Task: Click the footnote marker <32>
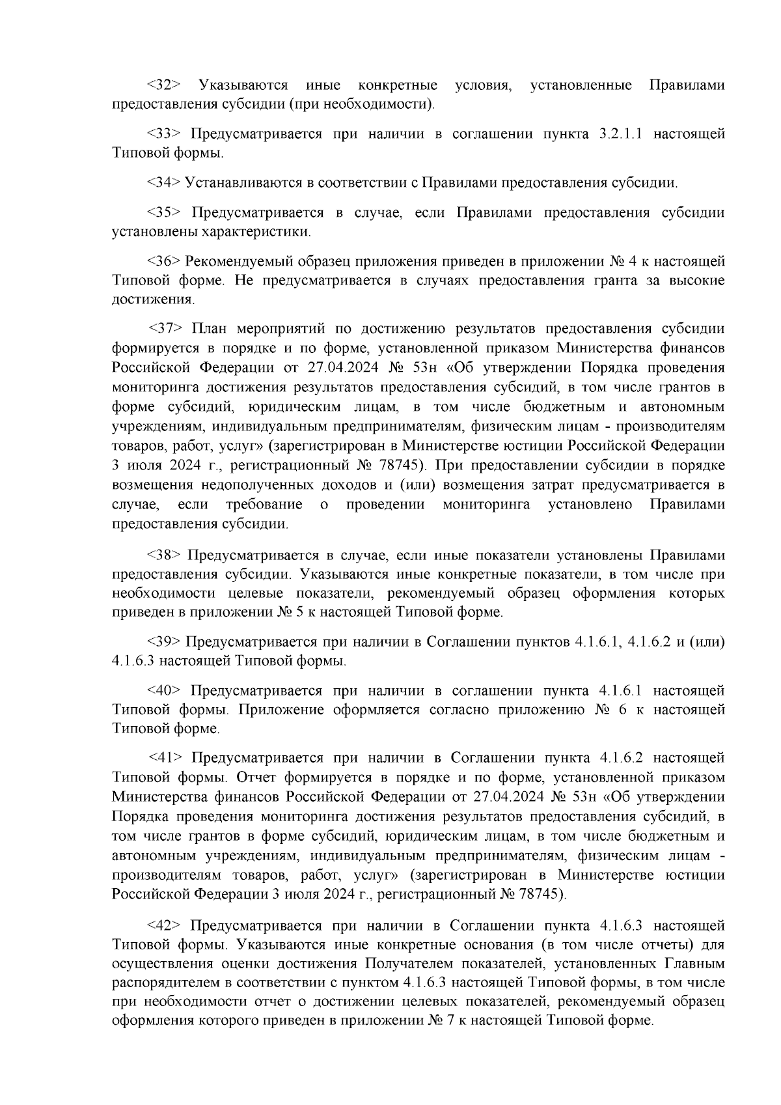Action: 164,85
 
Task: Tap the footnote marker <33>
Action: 164,135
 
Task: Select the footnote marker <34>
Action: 164,183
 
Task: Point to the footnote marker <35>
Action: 164,213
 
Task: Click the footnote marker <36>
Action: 164,262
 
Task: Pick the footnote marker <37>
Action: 167,328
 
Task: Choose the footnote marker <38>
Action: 165,555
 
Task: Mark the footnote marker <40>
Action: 164,691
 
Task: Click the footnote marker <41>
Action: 167,758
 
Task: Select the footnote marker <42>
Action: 164,926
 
